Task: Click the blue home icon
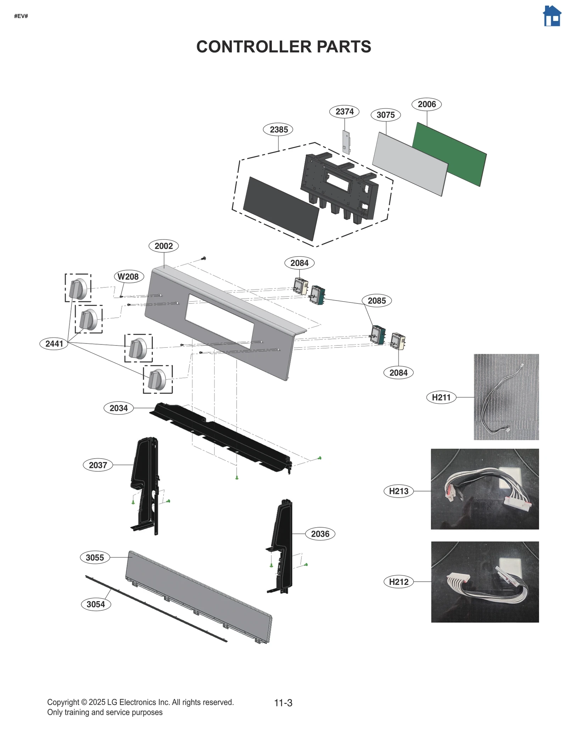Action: coord(552,16)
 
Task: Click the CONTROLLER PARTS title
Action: coord(283,47)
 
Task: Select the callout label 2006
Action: coord(426,104)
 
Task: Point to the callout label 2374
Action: coord(344,112)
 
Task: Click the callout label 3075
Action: coord(386,115)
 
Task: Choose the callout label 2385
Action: coord(279,129)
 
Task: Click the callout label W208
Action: coord(128,276)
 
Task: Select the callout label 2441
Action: coord(54,343)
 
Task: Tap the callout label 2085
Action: coord(376,301)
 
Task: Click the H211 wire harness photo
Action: coord(506,397)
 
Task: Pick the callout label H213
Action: coord(399,491)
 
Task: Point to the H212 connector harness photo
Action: coord(484,582)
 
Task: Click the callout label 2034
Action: coord(118,408)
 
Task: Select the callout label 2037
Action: coord(98,465)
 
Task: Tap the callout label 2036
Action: coord(320,534)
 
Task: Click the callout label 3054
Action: coord(96,604)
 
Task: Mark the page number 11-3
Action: coord(283,702)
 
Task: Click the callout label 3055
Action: coord(95,557)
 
